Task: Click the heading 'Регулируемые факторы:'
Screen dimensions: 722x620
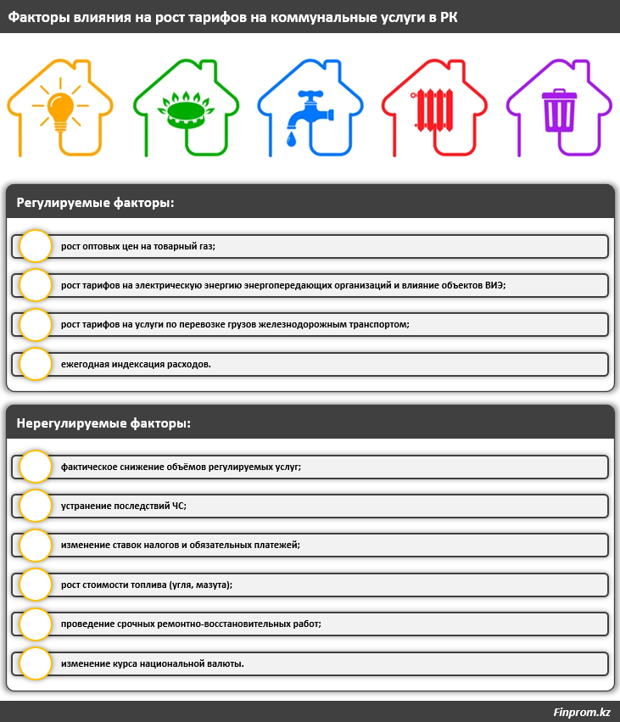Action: coord(95,203)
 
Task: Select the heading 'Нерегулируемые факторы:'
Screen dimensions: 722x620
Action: coord(103,423)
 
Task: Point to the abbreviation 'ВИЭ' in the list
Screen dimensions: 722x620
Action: coord(494,285)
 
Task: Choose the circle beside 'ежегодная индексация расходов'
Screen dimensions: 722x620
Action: coord(36,363)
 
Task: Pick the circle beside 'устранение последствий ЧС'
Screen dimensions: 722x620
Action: coord(36,506)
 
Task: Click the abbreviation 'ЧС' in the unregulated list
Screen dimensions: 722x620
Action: coord(179,506)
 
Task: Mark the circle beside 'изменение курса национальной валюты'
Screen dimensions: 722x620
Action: coord(36,663)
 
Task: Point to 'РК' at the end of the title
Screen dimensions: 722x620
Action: coord(448,17)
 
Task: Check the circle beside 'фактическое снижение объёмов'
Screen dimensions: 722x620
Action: coord(36,467)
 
